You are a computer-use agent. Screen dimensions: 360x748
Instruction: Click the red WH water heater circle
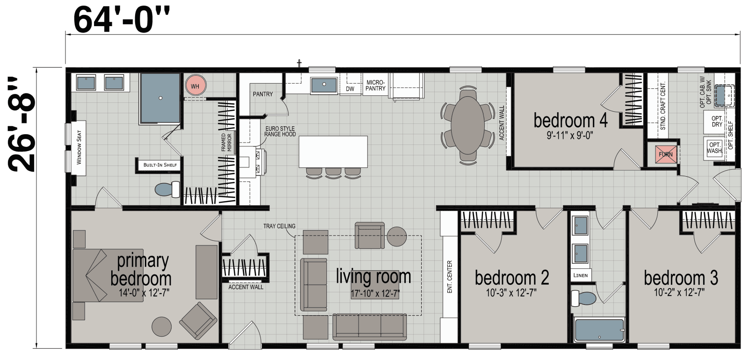pos(195,86)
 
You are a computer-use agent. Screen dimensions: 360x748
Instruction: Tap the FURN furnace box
pos(666,154)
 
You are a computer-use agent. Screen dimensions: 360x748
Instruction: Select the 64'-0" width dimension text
pos(121,20)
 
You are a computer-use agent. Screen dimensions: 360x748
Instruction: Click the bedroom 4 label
pos(570,121)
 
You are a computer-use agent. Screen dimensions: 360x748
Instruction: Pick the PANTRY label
pos(263,94)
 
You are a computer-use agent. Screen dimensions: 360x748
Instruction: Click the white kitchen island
pos(333,151)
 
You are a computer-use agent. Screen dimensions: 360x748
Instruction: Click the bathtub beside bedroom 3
pos(599,331)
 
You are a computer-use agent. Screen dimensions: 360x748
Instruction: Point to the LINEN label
pos(581,275)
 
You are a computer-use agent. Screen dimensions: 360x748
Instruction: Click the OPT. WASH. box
pos(715,148)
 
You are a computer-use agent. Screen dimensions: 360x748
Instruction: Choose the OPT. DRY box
pos(717,122)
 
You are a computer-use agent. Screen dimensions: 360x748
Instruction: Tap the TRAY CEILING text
pos(279,226)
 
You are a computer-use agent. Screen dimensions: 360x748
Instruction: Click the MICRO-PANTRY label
pos(375,85)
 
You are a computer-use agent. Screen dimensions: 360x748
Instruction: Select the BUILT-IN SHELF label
pos(157,165)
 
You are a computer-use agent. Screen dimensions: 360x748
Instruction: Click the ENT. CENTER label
pos(450,277)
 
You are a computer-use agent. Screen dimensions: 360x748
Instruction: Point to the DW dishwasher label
pos(350,89)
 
